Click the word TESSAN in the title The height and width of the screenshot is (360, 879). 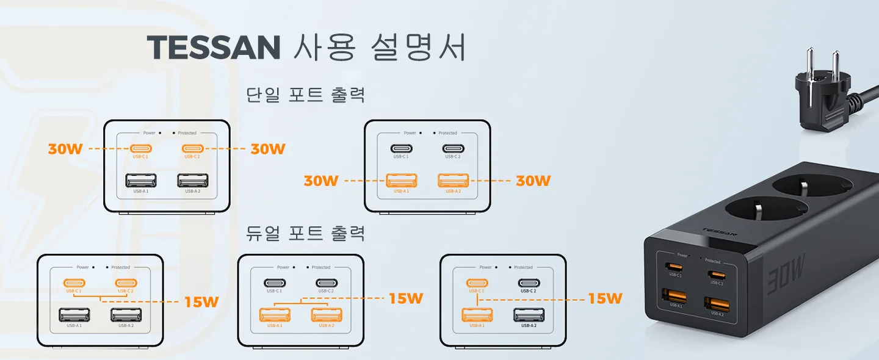click(x=213, y=46)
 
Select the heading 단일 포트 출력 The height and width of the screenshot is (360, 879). click(x=305, y=95)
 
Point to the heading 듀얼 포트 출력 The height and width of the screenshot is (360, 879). click(x=305, y=233)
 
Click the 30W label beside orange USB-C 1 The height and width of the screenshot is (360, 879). click(x=65, y=149)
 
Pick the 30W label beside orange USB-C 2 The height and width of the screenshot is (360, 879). click(x=268, y=149)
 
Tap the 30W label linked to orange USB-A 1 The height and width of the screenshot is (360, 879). click(x=321, y=181)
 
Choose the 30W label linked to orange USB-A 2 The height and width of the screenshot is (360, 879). click(x=534, y=181)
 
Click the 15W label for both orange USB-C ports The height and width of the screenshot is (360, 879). click(x=201, y=301)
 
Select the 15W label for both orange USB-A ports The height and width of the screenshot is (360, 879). click(x=406, y=298)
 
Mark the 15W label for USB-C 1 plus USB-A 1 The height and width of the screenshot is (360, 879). click(x=605, y=298)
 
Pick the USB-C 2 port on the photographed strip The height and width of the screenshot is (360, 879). click(x=716, y=275)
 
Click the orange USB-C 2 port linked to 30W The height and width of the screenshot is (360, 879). click(x=192, y=148)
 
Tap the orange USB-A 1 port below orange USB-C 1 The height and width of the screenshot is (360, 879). click(x=477, y=315)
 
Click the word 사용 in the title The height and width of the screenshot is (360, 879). click(x=324, y=46)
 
